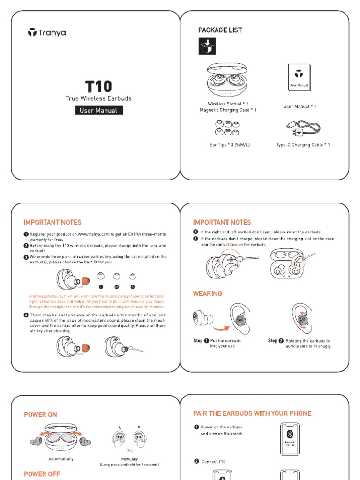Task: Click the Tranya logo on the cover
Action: (46, 32)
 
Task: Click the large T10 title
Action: (98, 87)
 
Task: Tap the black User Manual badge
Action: (98, 111)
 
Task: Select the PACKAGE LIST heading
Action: (220, 30)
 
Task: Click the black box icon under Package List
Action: (207, 47)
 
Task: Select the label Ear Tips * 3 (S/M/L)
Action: (229, 145)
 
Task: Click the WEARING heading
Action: (207, 293)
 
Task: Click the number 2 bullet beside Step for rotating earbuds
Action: (281, 341)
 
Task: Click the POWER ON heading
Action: (40, 414)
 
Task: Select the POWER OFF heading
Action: (42, 474)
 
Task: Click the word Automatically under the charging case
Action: (61, 459)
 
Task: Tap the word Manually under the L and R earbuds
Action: (129, 459)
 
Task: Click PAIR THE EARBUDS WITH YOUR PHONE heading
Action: (252, 413)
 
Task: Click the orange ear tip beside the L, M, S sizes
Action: (85, 281)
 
